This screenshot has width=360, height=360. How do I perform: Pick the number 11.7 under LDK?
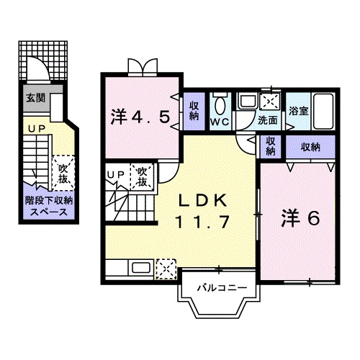coord(202,222)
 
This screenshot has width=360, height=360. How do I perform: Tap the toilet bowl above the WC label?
coord(220,105)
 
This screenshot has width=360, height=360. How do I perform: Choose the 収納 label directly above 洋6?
coord(310,146)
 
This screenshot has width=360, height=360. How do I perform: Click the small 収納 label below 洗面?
coord(269,146)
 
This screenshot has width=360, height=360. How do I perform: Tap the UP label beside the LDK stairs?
coord(114,174)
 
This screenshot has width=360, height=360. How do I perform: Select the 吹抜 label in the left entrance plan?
coord(63,173)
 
